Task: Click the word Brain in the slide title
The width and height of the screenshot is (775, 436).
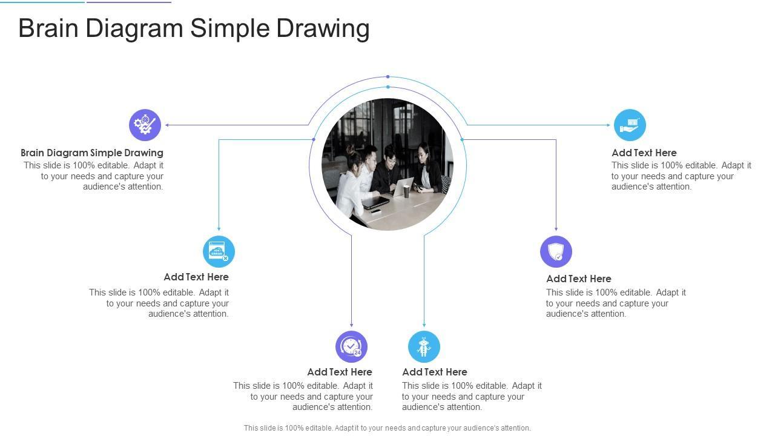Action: [x=48, y=28]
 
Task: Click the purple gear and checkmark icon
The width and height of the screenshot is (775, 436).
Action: [x=145, y=125]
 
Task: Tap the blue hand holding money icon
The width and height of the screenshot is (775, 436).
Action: [x=630, y=125]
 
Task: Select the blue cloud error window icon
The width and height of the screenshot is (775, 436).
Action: [x=219, y=251]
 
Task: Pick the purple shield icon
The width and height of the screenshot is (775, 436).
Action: [x=556, y=251]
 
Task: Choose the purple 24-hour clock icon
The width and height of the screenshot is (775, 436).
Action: [x=352, y=346]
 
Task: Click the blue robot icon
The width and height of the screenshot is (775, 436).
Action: [x=424, y=346]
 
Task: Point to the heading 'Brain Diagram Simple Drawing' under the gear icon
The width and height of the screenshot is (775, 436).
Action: [x=91, y=153]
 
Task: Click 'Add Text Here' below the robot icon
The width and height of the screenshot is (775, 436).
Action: [x=435, y=372]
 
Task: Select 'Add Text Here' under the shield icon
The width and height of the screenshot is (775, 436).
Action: [x=578, y=279]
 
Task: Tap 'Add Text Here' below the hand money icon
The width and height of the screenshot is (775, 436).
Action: [x=644, y=153]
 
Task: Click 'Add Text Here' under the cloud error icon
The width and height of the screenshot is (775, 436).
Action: [x=196, y=277]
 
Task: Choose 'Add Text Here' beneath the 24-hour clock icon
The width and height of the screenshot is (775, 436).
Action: [x=340, y=372]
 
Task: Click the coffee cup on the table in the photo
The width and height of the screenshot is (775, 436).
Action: [x=406, y=191]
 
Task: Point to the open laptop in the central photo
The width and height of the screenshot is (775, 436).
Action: [x=403, y=186]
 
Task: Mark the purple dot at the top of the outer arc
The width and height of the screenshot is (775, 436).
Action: [x=388, y=76]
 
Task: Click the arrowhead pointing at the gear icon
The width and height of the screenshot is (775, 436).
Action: [x=167, y=125]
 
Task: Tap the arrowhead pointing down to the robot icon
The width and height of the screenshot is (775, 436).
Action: [x=424, y=325]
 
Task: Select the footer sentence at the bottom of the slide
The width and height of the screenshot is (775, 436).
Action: [x=387, y=428]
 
